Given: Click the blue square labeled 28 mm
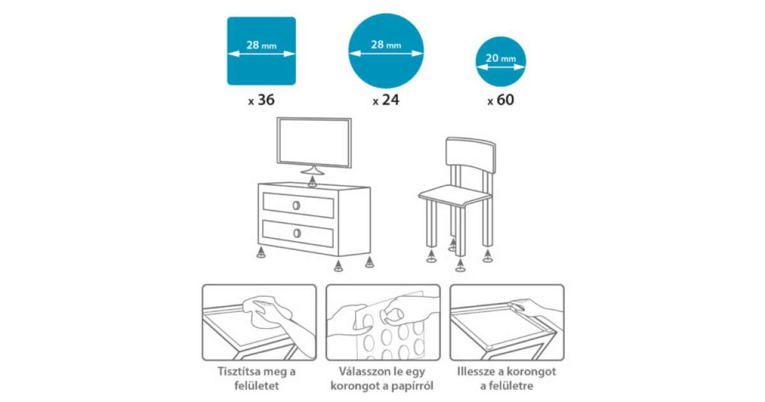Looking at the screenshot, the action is pos(261,51).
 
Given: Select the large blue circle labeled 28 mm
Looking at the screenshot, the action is pos(386,51).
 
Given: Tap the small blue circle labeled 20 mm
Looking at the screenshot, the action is pos(500,61).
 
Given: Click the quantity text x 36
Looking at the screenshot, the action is pos(261,100).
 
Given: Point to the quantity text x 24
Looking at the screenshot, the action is pos(386,100).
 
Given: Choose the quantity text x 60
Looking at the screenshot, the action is pos(500,100).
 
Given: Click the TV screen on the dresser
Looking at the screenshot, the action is pos(314,142).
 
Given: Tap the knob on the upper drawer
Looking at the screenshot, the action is pos(296,205).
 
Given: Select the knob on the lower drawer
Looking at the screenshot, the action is pos(297,233).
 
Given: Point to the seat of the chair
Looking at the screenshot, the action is pos(455,196).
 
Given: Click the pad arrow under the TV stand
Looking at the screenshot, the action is pos(312,181).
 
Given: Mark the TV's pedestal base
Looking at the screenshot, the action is pos(312,170).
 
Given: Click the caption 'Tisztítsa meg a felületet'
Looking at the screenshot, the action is pos(256,378).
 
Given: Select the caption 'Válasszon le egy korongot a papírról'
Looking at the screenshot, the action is pos(382,378).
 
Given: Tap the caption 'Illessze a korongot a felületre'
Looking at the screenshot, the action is pos(506,378).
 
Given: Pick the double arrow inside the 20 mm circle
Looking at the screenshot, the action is pos(500,68).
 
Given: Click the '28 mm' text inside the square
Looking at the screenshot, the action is pos(261,45).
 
